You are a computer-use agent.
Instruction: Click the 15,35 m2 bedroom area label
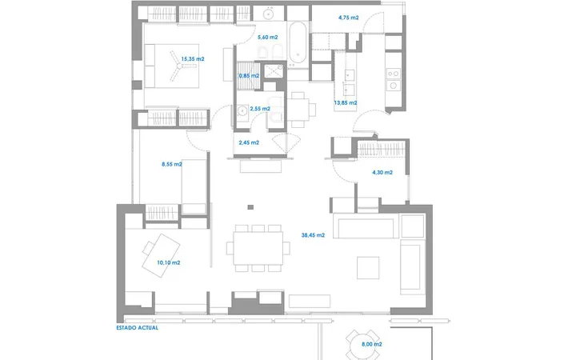[x=193, y=58]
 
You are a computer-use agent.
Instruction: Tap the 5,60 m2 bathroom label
[x=267, y=37]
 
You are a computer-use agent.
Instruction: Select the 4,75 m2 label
[x=349, y=18]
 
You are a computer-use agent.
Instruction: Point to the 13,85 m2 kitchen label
[x=346, y=103]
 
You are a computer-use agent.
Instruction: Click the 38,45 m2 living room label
[x=313, y=235]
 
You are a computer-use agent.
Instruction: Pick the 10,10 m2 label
[x=169, y=262]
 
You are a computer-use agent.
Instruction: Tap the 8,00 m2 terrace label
[x=372, y=344]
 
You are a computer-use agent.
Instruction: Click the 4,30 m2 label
[x=382, y=172]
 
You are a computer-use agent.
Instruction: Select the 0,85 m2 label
[x=249, y=76]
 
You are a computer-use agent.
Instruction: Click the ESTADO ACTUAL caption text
[x=138, y=328]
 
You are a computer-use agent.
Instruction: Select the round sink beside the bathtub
[x=269, y=14]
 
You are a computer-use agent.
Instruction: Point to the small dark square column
[x=250, y=207]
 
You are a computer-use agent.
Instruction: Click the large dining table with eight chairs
[x=258, y=248]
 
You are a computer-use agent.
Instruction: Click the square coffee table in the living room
[x=368, y=268]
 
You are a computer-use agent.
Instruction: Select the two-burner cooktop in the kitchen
[x=394, y=74]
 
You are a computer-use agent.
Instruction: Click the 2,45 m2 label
[x=249, y=142]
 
